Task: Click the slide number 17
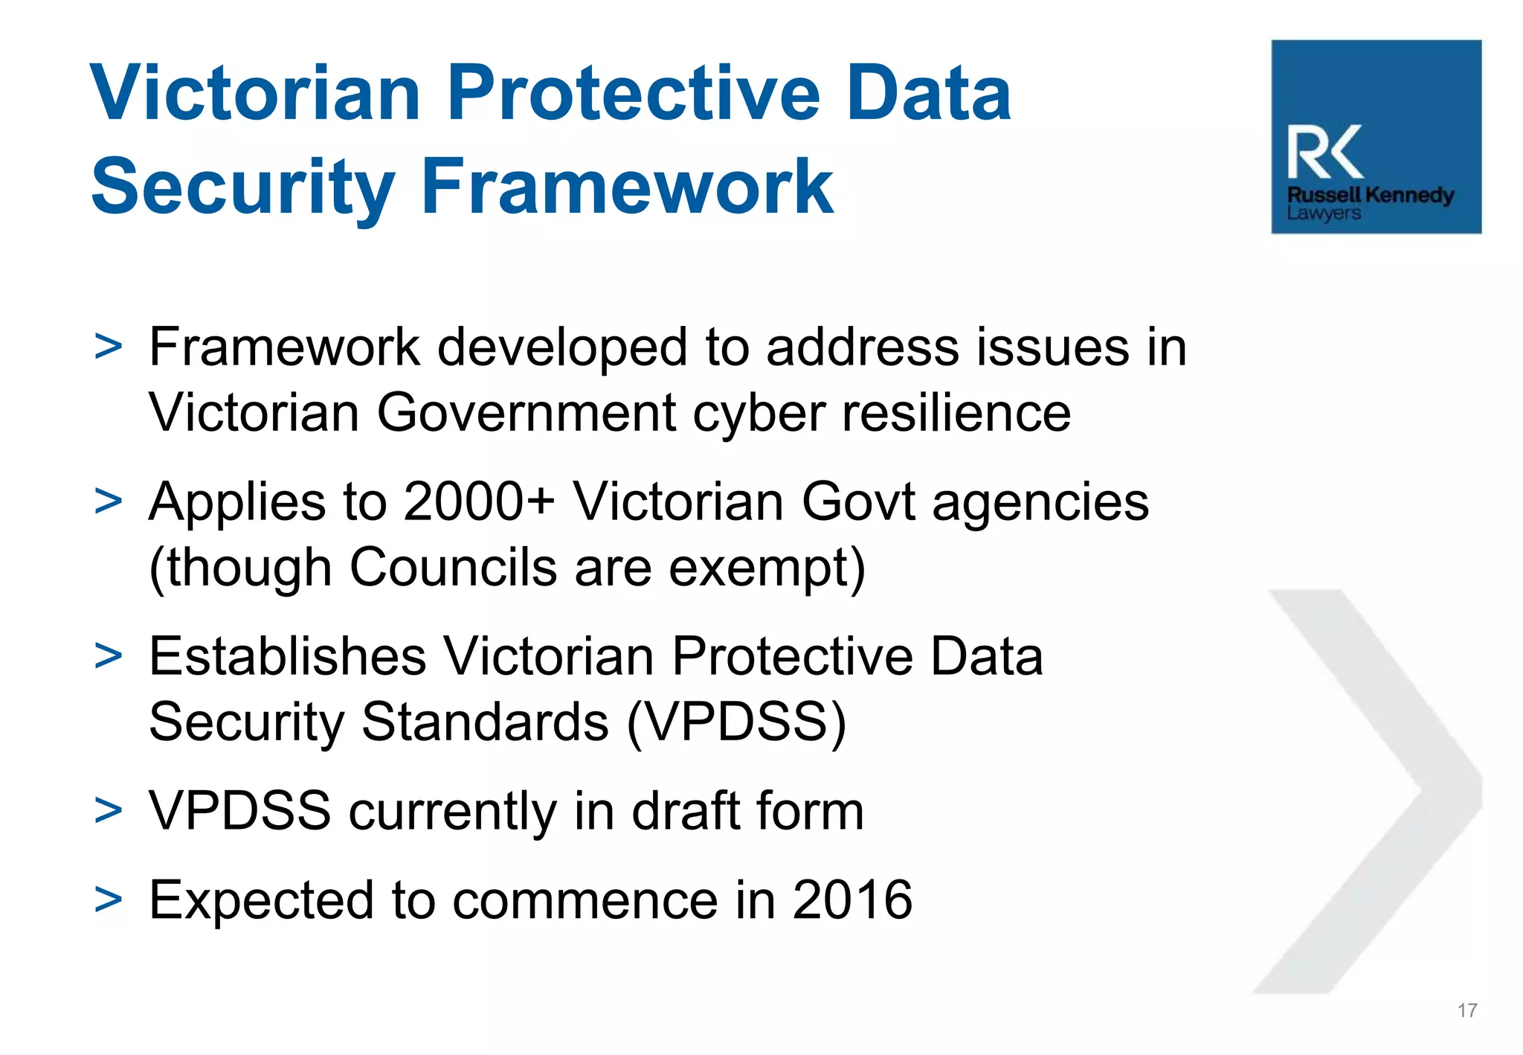[1466, 1010]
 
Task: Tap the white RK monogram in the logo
[1324, 153]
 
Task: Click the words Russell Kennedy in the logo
[1371, 195]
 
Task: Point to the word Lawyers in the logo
[1324, 214]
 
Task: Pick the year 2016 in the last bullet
[852, 900]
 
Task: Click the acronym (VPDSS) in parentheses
[736, 722]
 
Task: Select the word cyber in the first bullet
[759, 413]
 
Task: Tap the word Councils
[453, 568]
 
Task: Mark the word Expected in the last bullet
[261, 900]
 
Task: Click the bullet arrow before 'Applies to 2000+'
[109, 501]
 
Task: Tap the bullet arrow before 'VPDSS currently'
[109, 811]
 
